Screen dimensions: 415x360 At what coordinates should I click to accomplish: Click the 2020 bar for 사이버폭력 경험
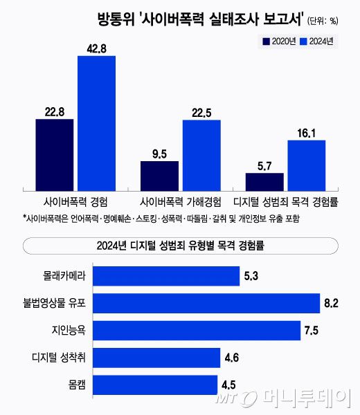54,154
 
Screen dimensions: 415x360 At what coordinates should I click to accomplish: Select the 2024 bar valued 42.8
96,122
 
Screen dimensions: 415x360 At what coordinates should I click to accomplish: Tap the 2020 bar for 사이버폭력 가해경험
159,174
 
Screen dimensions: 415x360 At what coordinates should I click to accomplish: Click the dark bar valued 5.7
264,181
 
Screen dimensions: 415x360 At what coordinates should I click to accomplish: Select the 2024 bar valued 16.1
306,164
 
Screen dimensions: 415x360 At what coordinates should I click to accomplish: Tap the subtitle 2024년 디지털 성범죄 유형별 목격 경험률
180,244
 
